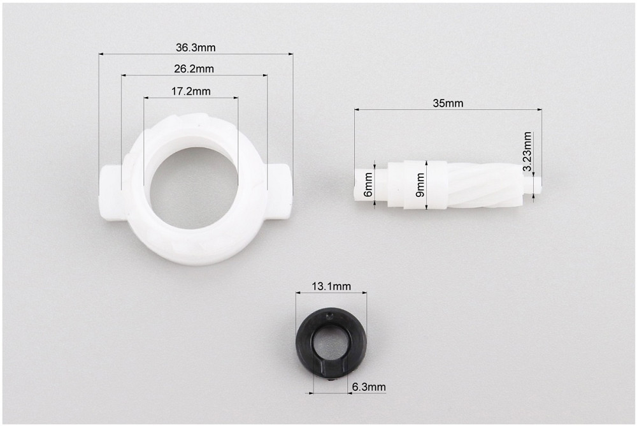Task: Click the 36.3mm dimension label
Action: click(x=196, y=48)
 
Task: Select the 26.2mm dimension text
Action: click(x=194, y=69)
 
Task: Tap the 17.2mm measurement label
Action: click(x=190, y=92)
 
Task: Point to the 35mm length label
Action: click(x=448, y=103)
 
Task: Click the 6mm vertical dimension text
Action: click(x=368, y=184)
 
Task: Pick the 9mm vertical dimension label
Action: click(x=420, y=185)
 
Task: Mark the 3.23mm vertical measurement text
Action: click(x=527, y=151)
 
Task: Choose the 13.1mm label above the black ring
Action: click(x=331, y=286)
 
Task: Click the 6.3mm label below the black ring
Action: click(x=368, y=386)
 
